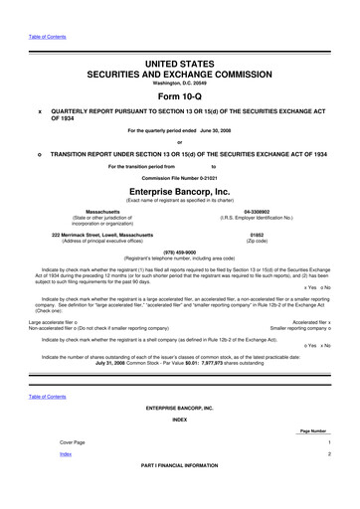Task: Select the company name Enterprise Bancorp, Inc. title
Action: pos(180,190)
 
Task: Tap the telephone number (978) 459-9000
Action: pos(180,250)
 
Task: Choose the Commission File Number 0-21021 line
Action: pos(179,176)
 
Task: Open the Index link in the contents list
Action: pos(66,481)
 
